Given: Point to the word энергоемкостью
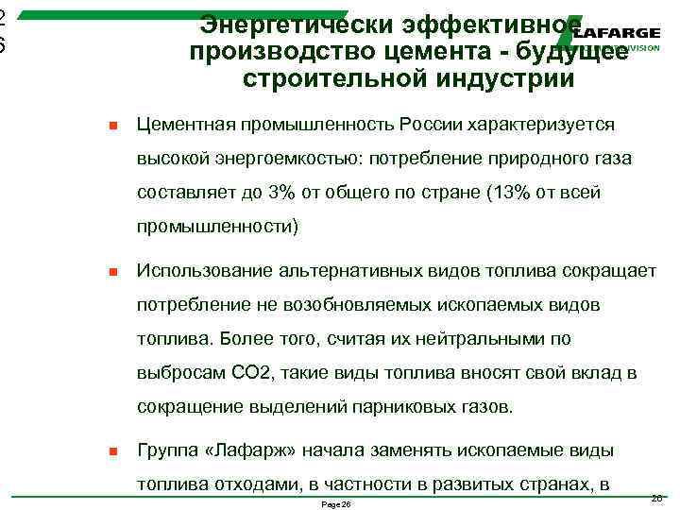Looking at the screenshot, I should point(284,160).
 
